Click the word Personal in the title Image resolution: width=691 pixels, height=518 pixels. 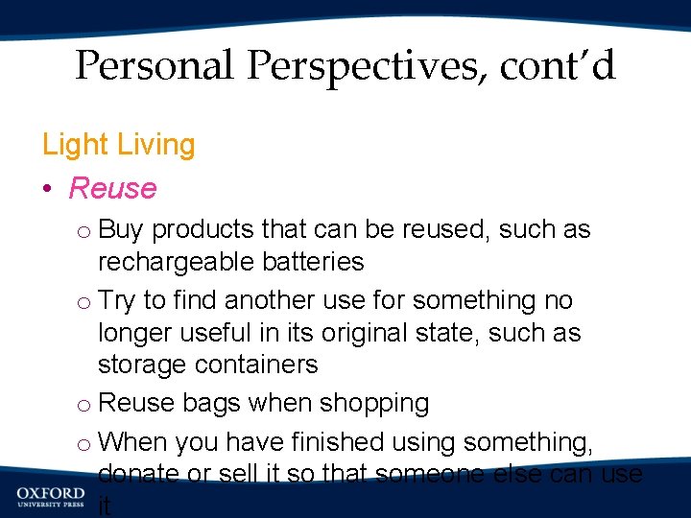click(x=155, y=67)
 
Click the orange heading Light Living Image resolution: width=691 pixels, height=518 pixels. click(x=118, y=145)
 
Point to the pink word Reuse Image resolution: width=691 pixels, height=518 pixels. click(x=112, y=188)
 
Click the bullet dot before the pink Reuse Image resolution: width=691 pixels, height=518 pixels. click(x=48, y=189)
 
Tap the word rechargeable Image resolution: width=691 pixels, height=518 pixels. click(x=179, y=262)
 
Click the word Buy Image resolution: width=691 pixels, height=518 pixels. click(x=121, y=230)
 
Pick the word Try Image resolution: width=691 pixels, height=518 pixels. click(x=117, y=301)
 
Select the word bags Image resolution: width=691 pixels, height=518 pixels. click(x=208, y=404)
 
